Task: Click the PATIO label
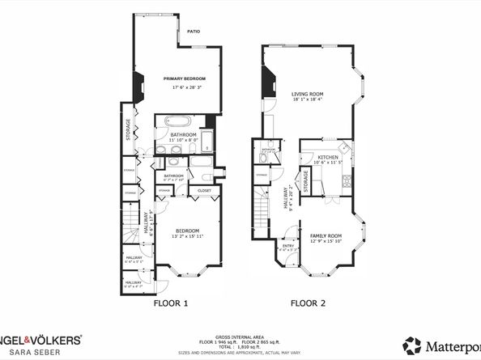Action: pos(193,32)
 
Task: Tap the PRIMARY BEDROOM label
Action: pos(185,78)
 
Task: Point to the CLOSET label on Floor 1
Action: pos(204,191)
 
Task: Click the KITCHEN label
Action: pos(327,156)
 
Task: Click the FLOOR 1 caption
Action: pos(171,304)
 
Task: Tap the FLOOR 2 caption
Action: pos(309,304)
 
